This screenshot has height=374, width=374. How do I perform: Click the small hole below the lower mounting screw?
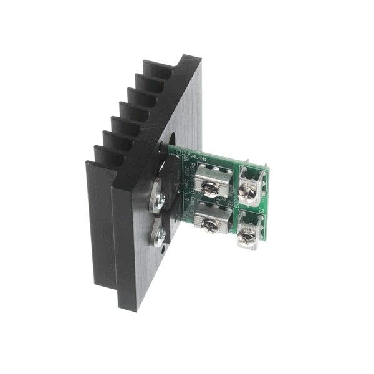[x=163, y=254]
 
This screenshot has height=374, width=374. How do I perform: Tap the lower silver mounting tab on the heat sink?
[x=156, y=236]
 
